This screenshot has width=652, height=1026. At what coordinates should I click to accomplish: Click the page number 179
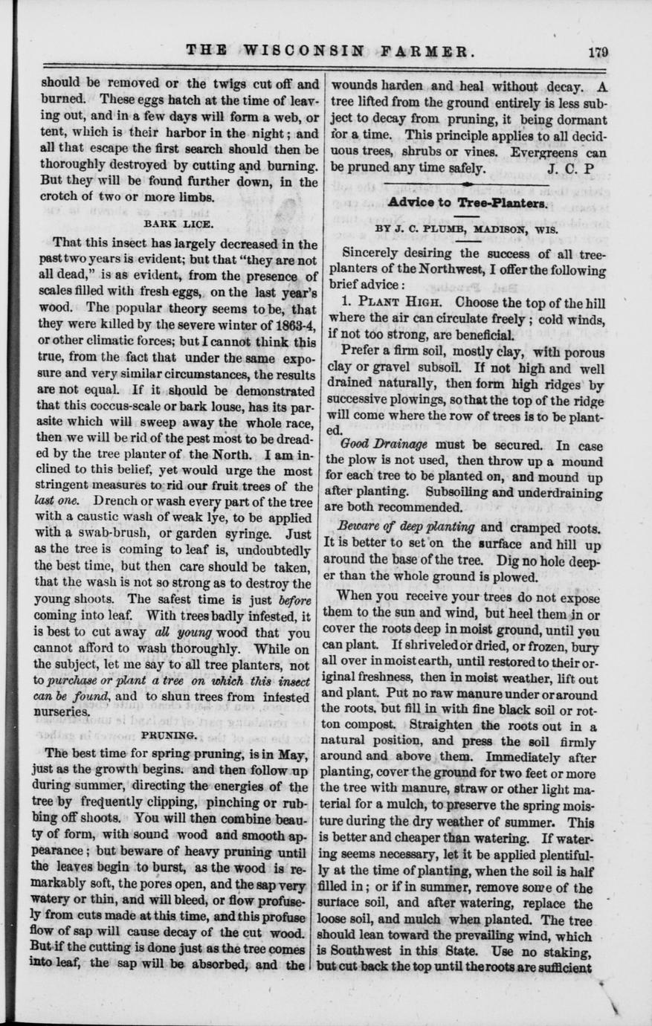[597, 51]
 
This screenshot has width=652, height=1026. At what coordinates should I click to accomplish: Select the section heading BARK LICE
[178, 222]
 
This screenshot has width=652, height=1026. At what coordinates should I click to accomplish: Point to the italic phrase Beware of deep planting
[406, 527]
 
